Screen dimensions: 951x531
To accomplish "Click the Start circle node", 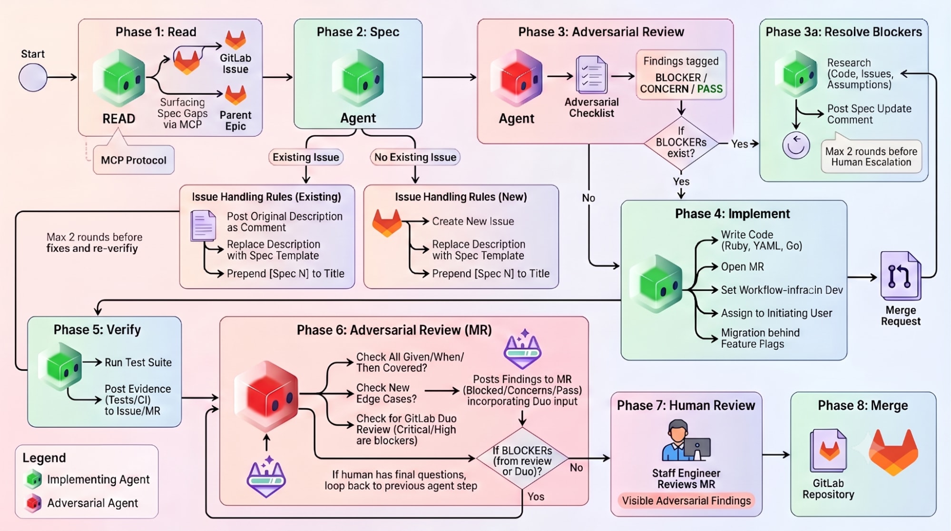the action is [x=33, y=77].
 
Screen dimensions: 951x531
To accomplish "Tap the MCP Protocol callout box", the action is [x=134, y=160].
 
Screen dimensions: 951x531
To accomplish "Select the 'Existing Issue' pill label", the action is [x=306, y=157].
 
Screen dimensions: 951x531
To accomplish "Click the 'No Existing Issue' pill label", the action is [x=415, y=157].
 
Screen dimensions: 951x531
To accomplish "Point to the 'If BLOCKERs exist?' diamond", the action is [x=681, y=142].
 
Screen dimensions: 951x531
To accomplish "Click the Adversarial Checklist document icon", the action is [x=591, y=74].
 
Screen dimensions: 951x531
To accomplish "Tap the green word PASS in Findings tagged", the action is [x=710, y=89].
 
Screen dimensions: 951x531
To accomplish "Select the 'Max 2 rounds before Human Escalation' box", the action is [x=871, y=157].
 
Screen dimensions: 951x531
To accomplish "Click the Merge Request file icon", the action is [x=901, y=276].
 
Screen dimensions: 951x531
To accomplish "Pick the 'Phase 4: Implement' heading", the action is [x=732, y=214].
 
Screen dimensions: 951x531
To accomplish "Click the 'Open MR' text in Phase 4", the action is [x=742, y=267].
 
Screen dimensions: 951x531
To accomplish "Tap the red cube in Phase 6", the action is [x=266, y=394].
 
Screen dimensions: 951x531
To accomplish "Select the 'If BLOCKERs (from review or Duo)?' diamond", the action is [x=522, y=458].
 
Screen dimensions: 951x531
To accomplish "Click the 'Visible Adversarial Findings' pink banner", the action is [x=686, y=501].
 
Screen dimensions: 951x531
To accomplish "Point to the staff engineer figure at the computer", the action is [x=686, y=440].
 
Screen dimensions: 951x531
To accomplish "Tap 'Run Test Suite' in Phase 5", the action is [x=138, y=362].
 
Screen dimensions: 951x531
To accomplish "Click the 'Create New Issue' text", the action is [x=473, y=221].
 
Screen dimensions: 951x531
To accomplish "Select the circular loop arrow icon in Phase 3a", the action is [x=796, y=146].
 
